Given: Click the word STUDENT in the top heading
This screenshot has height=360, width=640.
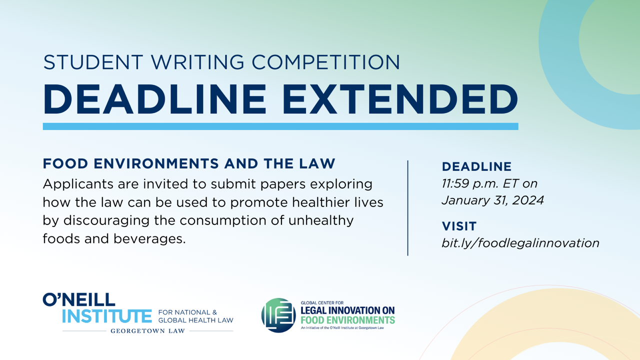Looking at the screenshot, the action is [x=93, y=62].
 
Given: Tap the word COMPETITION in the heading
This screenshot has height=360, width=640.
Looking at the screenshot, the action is [x=325, y=62].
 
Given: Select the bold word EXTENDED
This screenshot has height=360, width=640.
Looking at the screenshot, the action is [x=400, y=99].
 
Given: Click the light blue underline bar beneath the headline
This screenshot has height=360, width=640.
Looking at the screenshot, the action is [x=280, y=126].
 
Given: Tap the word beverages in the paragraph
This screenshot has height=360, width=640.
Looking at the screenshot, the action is [x=149, y=239].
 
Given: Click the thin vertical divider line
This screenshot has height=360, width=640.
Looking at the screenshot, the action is [x=407, y=208].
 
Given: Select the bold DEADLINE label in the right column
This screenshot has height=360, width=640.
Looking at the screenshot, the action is [x=476, y=166].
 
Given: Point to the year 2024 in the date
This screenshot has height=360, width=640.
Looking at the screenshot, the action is [x=528, y=200].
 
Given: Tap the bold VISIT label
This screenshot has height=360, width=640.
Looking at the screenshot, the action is [x=459, y=226].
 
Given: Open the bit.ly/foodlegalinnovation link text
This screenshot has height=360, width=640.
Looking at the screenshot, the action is [x=520, y=243].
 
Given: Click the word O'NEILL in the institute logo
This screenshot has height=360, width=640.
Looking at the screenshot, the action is [x=79, y=299].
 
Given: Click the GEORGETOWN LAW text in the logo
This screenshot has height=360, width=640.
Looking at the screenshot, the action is [x=147, y=331].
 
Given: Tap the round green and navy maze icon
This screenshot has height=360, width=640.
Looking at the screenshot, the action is [x=278, y=315].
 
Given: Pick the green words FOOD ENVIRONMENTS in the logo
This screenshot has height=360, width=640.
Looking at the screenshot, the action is [x=347, y=320].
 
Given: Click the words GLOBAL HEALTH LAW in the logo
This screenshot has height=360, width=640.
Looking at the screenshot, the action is [x=195, y=320].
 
